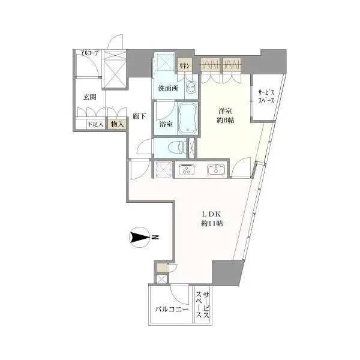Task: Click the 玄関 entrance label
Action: coord(89,97)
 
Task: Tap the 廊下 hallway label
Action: coord(139,116)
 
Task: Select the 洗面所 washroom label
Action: coord(168,88)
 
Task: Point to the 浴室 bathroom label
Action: coord(166,125)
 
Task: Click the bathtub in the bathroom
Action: coord(188,118)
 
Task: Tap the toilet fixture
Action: coord(177,147)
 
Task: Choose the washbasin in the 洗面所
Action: coord(191,88)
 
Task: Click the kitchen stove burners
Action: coord(186,169)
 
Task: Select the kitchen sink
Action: coord(216,169)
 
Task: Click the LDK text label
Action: coord(211,214)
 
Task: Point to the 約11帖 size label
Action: coord(212,223)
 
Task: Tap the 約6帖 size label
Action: coord(225,120)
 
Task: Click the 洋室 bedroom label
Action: coord(225,111)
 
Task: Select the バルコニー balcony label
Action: coord(172,309)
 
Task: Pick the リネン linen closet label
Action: coord(184,66)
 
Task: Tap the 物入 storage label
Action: coord(118,124)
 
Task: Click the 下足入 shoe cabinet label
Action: coord(95,125)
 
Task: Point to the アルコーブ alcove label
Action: coord(89,53)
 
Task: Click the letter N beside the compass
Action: coord(155,238)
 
